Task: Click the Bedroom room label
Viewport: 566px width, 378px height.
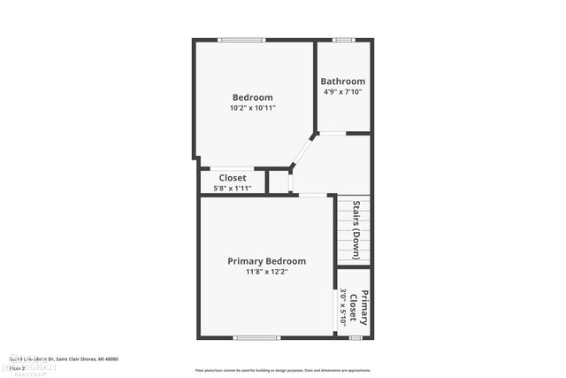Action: click(x=252, y=97)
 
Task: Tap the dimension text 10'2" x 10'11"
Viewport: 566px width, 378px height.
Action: click(x=252, y=108)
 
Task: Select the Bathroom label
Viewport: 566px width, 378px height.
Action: click(x=342, y=81)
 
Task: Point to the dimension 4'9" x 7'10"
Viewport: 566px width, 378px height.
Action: click(x=342, y=91)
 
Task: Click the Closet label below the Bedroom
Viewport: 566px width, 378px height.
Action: click(x=233, y=178)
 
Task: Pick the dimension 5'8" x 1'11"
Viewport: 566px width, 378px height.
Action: click(x=233, y=188)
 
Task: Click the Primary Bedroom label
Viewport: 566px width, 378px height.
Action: click(x=266, y=261)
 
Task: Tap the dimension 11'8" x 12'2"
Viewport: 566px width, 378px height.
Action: click(x=266, y=272)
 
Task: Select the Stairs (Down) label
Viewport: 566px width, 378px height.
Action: click(x=356, y=229)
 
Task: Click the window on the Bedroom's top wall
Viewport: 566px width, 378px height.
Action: click(x=241, y=39)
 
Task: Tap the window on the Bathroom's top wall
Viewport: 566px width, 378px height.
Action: click(x=343, y=39)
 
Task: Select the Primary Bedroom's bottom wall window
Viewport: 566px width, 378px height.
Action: click(x=256, y=337)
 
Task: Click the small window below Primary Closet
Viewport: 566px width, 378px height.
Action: click(x=356, y=337)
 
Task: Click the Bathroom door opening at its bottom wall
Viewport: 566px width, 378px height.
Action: click(x=332, y=133)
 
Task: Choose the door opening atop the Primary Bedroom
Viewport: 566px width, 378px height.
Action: click(x=311, y=195)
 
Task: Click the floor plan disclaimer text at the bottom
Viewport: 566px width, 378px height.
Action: click(x=283, y=370)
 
